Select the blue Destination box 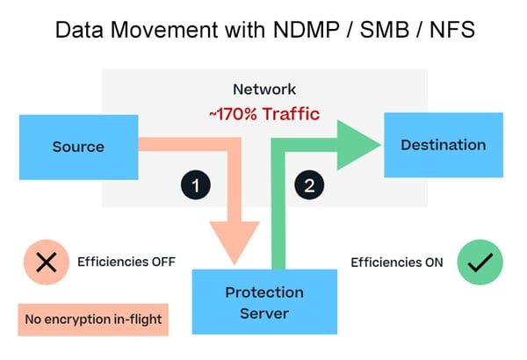pos(443,145)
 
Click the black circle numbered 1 pos(196,185)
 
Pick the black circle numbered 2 pos(308,185)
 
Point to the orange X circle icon pos(46,262)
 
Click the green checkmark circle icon pos(480,262)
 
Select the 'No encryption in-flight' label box pos(92,319)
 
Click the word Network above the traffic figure pos(263,89)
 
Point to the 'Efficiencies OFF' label pos(126,262)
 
